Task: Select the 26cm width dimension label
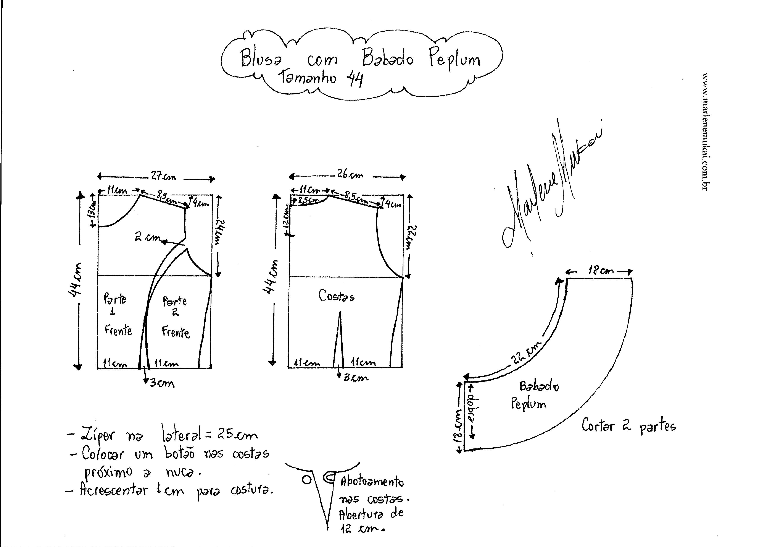tap(350, 175)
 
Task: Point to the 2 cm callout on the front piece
tap(147, 237)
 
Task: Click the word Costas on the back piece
tap(336, 296)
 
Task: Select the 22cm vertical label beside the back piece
tap(412, 237)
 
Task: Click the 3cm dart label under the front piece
tap(162, 383)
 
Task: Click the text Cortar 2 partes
tap(628, 426)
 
